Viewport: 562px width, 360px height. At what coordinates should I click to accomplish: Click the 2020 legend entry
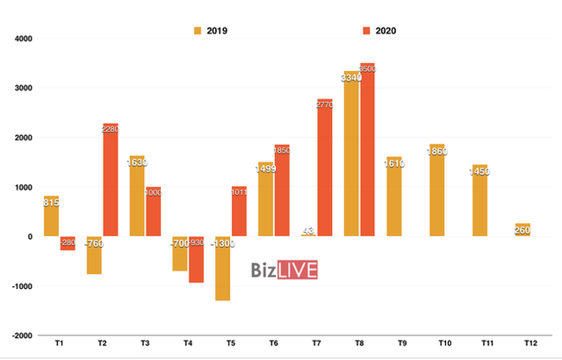378,31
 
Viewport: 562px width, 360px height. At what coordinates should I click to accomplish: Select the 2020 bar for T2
111,180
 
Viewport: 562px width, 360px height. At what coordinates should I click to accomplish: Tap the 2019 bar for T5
222,269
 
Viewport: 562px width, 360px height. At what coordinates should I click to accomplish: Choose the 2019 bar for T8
351,154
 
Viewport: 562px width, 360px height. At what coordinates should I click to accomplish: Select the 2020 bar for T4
197,259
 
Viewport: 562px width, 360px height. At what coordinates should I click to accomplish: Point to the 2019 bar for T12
523,230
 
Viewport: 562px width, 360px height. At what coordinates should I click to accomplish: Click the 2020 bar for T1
68,243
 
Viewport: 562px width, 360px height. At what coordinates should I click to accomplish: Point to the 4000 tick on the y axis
22,39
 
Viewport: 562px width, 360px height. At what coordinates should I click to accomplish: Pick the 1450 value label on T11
480,170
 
